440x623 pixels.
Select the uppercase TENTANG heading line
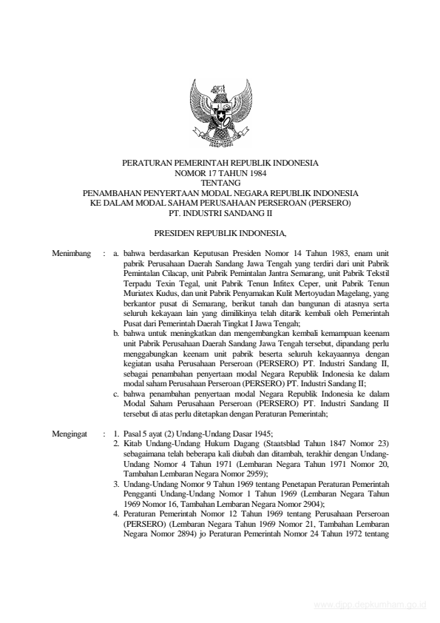(x=220, y=181)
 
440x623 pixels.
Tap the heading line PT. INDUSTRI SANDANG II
(x=220, y=209)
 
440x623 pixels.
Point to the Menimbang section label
(x=72, y=253)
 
